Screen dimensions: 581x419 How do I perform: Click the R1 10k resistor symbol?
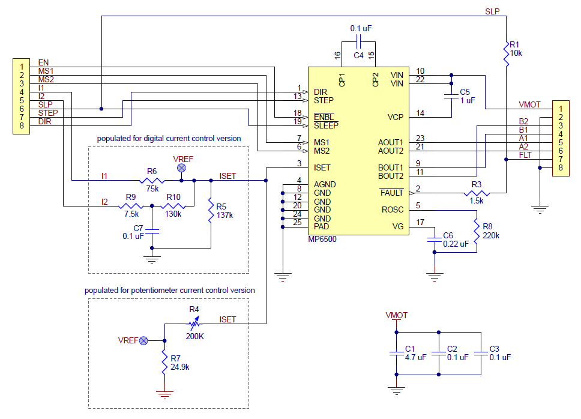506,54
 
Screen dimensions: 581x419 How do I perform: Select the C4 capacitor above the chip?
358,42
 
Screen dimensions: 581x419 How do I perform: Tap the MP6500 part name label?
322,240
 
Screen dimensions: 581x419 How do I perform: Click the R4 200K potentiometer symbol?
194,324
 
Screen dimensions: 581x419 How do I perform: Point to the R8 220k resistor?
477,231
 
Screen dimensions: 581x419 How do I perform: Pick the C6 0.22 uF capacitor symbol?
435,240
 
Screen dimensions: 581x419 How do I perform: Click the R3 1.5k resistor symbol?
477,193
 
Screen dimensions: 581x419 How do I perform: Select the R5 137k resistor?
211,211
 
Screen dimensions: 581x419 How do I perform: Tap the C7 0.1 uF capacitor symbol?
152,231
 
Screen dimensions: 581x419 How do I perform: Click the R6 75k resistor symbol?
152,181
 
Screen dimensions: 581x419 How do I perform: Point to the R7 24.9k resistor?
164,363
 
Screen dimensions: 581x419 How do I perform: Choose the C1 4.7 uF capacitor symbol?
397,354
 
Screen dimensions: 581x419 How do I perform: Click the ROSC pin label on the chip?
393,209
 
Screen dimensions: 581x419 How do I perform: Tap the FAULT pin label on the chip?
392,193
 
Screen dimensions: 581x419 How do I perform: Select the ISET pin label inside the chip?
322,168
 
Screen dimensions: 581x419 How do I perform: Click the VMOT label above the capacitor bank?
397,315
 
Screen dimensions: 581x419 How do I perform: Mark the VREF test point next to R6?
181,168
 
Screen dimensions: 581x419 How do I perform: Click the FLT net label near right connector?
525,155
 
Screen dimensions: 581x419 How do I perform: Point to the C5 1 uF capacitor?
451,96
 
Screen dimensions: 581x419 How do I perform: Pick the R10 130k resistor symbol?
173,206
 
